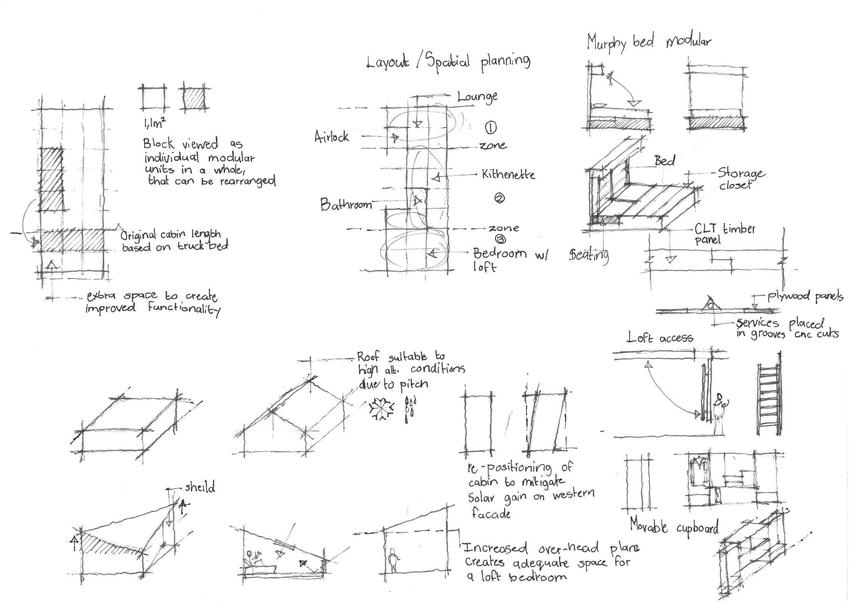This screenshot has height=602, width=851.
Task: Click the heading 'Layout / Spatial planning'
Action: [448, 62]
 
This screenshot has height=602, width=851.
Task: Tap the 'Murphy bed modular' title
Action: [649, 42]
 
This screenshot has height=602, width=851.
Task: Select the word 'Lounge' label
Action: [478, 97]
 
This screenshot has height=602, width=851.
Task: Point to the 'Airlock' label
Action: [331, 137]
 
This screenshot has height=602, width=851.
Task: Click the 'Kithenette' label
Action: [508, 174]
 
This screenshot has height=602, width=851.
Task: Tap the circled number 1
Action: [491, 128]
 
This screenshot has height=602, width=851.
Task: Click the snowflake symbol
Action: [381, 409]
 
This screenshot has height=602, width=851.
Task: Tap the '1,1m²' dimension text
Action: [154, 123]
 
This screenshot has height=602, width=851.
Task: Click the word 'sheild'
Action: [200, 487]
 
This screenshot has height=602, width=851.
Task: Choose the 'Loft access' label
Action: [660, 337]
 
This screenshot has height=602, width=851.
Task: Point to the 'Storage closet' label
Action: [741, 179]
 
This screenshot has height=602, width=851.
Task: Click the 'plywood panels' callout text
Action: [805, 296]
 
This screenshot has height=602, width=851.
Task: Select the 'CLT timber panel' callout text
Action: [724, 234]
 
